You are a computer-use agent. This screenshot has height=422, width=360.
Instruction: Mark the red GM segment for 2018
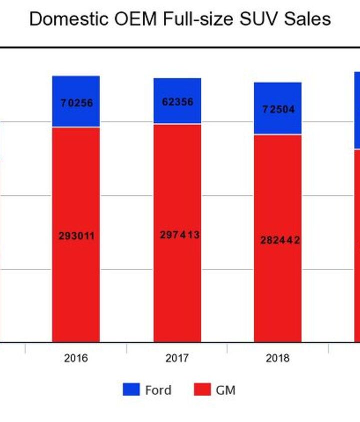277,290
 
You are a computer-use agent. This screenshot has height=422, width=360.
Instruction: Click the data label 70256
76,103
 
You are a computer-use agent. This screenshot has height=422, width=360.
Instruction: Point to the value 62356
177,102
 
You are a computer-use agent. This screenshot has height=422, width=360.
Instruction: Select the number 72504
278,109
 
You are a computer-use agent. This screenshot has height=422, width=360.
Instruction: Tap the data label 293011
76,236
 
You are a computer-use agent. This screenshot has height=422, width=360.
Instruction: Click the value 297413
179,234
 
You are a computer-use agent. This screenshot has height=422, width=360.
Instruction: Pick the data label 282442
280,240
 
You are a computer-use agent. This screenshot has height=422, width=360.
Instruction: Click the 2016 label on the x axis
76,358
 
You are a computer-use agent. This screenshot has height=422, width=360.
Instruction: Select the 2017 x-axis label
177,358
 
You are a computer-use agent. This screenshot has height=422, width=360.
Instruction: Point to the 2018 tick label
277,358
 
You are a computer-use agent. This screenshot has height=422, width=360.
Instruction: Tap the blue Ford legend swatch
131,390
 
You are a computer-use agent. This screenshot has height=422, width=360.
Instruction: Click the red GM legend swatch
202,390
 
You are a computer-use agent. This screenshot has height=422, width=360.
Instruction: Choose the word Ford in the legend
158,390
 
